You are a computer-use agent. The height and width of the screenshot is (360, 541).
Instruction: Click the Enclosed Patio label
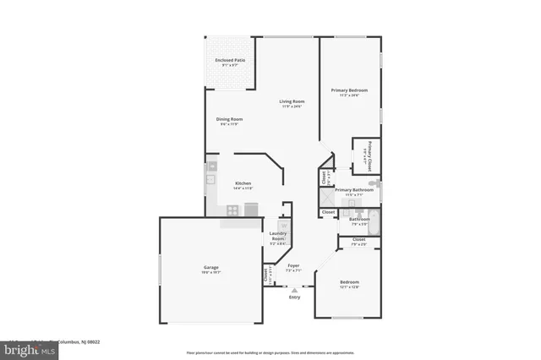click(x=230, y=61)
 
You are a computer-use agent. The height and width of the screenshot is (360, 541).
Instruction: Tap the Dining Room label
click(x=230, y=119)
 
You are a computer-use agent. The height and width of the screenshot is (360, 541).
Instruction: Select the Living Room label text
click(x=292, y=102)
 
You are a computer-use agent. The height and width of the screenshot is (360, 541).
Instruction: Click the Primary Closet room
click(x=367, y=155)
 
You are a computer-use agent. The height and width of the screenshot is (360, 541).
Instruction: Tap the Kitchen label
click(x=243, y=183)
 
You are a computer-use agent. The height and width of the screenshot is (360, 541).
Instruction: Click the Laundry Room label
click(x=277, y=236)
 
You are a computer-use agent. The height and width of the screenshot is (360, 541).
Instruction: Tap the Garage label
click(x=210, y=268)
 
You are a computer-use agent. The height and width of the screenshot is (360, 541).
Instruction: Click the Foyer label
click(x=293, y=266)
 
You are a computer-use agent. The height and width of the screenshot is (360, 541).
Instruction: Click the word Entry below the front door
click(x=294, y=297)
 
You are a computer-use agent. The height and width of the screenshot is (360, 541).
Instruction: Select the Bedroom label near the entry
click(x=349, y=282)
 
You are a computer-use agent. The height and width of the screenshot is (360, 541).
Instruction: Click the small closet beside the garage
click(x=267, y=275)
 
